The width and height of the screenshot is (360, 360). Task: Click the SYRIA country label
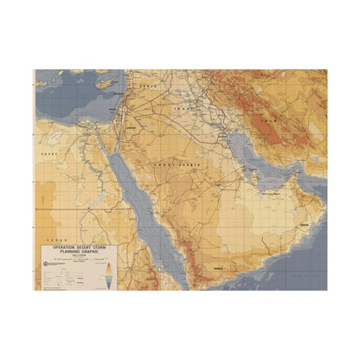[152, 89]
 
